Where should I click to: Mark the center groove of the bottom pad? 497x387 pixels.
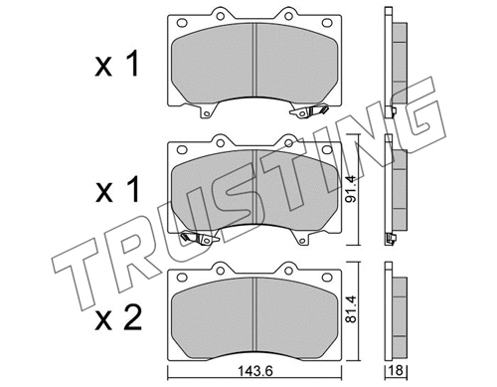[256, 313]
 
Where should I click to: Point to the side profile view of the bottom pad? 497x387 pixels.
[390, 313]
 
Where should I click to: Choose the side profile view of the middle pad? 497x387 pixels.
[390, 189]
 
